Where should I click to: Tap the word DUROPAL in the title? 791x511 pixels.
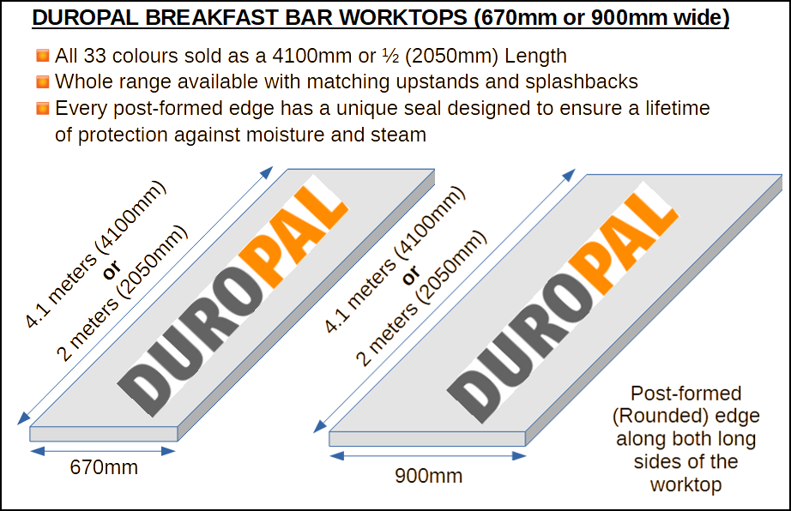[x=85, y=18]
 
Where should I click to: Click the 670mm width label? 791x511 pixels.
[x=104, y=467]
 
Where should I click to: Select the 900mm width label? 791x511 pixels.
[x=428, y=476]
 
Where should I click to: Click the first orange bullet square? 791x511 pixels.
[x=43, y=56]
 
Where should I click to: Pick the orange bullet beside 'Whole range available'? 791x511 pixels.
[x=43, y=81]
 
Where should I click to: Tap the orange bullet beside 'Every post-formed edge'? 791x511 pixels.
[x=43, y=108]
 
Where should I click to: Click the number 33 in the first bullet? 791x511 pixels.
[x=94, y=56]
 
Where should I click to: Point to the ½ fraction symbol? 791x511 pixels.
[x=390, y=56]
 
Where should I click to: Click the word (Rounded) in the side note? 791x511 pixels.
[x=650, y=416]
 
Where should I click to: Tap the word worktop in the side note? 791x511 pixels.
[x=685, y=484]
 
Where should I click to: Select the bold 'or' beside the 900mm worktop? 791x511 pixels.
[x=411, y=274]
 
